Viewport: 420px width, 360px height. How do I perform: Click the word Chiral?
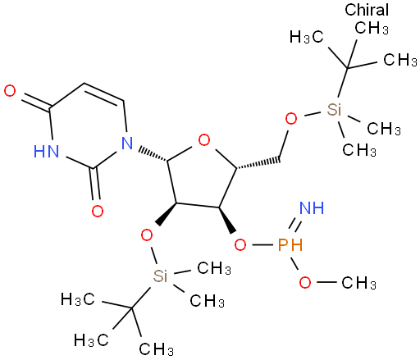coord(367,10)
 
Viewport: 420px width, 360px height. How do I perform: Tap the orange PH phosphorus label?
coord(290,244)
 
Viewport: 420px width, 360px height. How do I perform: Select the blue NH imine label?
coord(312,207)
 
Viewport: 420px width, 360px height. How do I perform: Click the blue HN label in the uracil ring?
coord(46,151)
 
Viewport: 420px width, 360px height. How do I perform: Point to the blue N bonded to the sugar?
coord(127,143)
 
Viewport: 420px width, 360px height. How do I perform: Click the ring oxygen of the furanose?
coord(204,140)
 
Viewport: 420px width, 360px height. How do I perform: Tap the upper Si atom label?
coord(334,109)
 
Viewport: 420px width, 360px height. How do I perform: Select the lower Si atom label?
coord(160,276)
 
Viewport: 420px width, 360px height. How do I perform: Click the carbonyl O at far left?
coord(10,91)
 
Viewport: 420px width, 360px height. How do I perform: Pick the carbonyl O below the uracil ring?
coord(98,211)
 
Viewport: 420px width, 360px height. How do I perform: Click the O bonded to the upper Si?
coord(291,119)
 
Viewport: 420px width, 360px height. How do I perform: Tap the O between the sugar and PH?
coord(240,244)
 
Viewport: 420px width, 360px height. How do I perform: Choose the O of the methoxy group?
coord(305,282)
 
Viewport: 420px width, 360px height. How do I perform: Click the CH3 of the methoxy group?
coord(358,283)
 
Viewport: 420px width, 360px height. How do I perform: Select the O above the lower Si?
coord(147,235)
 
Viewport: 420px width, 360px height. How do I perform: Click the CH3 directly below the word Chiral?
coord(372,28)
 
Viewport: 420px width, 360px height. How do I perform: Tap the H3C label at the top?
coord(307,37)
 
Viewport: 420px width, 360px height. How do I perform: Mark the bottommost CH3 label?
coord(156,349)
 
